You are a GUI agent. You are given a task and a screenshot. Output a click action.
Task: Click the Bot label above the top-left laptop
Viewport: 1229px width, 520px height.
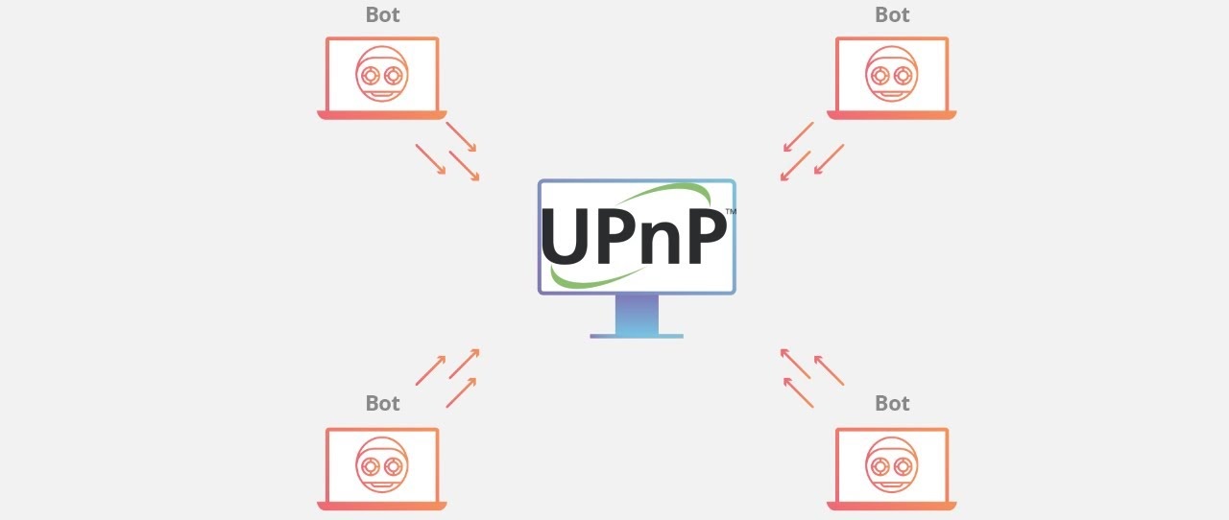(x=382, y=14)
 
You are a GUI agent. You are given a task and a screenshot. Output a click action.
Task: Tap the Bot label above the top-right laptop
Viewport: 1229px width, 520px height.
(x=892, y=14)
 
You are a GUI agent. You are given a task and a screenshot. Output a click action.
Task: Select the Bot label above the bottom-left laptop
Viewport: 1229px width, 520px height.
(x=382, y=403)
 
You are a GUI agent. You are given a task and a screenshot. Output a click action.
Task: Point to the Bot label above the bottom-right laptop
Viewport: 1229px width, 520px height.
(x=892, y=403)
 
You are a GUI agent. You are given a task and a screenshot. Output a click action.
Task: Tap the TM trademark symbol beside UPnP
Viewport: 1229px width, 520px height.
(x=731, y=212)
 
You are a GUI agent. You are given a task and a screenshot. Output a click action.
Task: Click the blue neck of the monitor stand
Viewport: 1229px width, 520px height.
(x=637, y=315)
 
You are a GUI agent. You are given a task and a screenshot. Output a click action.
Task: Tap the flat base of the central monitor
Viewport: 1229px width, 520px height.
(x=637, y=336)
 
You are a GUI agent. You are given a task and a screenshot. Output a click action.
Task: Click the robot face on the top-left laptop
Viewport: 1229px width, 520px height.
(x=382, y=74)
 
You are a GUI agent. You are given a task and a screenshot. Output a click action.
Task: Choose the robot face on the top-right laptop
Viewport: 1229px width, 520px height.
(x=892, y=74)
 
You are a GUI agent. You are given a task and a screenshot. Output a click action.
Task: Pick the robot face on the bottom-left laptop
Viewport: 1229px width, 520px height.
(x=382, y=464)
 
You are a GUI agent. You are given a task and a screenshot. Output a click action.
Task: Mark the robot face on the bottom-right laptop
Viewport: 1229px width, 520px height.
(x=892, y=464)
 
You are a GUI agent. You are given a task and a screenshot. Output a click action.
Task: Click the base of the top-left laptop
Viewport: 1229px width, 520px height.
(x=382, y=115)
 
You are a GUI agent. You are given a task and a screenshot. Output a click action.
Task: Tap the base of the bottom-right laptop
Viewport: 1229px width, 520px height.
(x=892, y=507)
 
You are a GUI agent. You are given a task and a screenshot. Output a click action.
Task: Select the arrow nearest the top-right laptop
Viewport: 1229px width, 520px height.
(x=799, y=136)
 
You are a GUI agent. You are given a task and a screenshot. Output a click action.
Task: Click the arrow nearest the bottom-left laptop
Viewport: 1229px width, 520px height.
(x=461, y=392)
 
